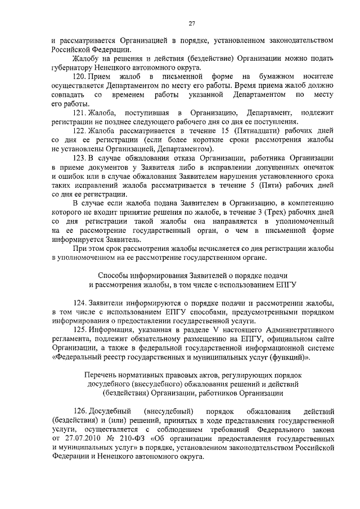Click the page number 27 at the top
[191, 22]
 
